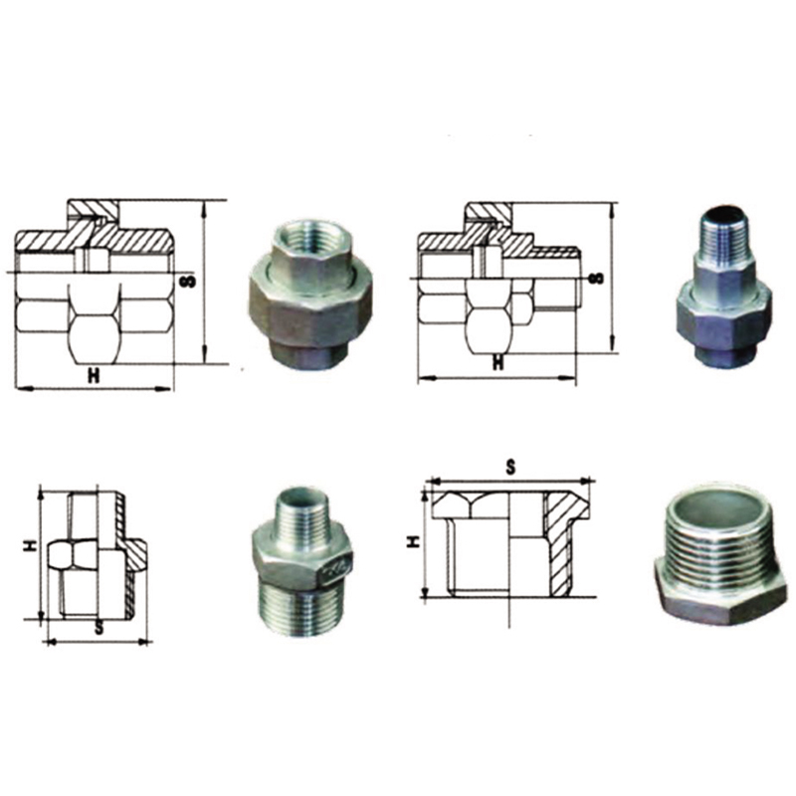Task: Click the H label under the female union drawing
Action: [94, 375]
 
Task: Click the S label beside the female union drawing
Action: [189, 281]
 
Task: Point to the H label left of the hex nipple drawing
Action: [33, 545]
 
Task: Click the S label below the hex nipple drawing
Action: [99, 628]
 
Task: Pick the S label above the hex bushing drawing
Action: [510, 467]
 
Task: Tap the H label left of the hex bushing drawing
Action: [415, 541]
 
